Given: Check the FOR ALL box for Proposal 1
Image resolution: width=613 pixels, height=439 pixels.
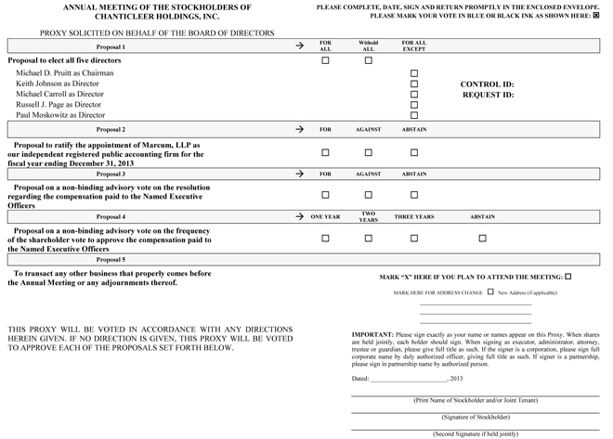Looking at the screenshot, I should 325,60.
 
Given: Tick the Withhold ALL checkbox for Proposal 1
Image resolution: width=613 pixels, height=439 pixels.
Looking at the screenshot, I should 369,60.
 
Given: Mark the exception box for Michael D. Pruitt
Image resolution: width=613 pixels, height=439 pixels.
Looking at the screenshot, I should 415,73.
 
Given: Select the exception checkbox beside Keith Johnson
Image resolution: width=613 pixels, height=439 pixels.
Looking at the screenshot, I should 415,84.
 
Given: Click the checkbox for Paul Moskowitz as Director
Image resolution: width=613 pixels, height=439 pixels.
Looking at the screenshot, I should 415,115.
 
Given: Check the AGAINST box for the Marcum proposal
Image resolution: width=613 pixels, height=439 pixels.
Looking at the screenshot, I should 369,153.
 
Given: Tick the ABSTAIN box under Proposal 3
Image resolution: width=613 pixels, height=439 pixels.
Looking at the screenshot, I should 415,195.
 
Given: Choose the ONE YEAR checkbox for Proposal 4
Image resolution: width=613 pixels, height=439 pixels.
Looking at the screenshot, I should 325,239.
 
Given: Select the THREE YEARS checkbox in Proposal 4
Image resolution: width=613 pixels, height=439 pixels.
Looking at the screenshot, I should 415,239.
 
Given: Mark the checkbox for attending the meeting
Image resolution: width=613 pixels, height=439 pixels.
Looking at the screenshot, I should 568,277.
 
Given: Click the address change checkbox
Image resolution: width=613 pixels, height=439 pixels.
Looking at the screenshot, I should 490,291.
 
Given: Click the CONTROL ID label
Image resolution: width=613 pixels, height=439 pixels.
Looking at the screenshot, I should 487,84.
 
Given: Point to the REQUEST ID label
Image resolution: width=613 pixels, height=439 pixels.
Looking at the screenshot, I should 487,95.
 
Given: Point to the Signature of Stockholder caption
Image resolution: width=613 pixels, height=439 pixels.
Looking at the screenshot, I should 474,417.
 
